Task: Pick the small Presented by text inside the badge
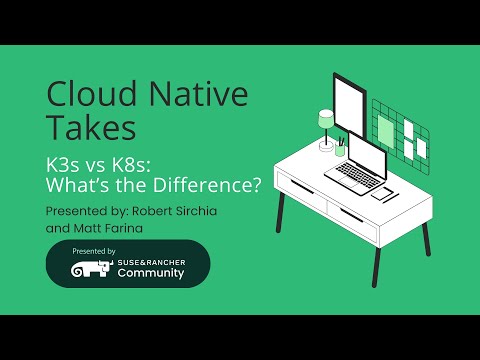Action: click(95, 250)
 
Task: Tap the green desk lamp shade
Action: click(326, 119)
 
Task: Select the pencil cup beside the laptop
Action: click(340, 148)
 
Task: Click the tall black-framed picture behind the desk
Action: click(349, 105)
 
